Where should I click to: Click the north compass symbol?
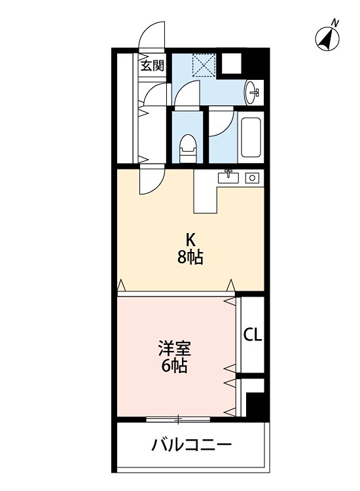tap(328, 39)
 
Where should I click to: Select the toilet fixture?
tap(188, 147)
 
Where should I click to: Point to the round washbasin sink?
tap(253, 92)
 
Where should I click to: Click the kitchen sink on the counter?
tap(230, 177)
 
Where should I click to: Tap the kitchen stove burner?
tap(251, 177)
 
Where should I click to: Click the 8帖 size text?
tap(189, 257)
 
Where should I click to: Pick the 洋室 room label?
tap(175, 348)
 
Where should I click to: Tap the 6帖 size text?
tap(175, 366)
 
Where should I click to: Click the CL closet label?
tap(253, 335)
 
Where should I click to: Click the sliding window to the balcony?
tap(178, 418)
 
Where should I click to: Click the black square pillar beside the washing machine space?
tap(232, 62)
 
